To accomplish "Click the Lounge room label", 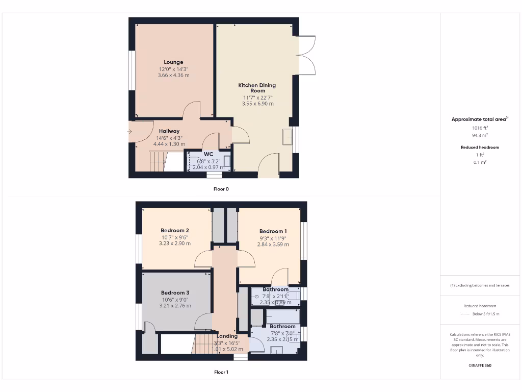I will (x=173, y=62).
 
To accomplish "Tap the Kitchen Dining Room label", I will (x=257, y=88).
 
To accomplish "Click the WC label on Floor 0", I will (x=208, y=154).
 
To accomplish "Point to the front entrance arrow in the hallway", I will (x=129, y=132).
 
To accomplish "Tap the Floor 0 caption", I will (x=221, y=189).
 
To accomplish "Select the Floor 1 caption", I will (x=221, y=372).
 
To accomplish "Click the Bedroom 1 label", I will (x=273, y=231).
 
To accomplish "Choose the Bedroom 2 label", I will (x=175, y=230).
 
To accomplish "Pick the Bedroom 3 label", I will (x=175, y=292).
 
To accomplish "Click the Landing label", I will (x=227, y=336).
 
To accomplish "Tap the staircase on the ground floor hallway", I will (x=158, y=161).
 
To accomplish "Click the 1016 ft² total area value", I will (x=479, y=128).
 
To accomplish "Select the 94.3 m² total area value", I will (x=479, y=136).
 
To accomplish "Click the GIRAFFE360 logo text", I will (x=479, y=365).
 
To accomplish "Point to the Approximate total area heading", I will (x=478, y=119).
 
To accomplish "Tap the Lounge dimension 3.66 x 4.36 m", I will (x=173, y=76).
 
